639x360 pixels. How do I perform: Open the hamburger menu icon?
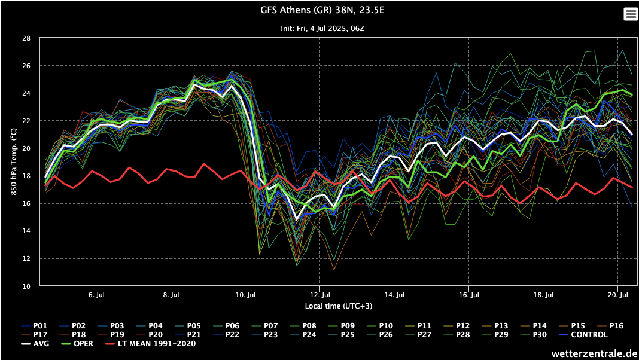pyautogui.click(x=631, y=14)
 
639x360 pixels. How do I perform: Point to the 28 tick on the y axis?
pyautogui.click(x=26, y=38)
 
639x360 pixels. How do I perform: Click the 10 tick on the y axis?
pyautogui.click(x=26, y=286)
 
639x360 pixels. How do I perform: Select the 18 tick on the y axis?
pyautogui.click(x=26, y=176)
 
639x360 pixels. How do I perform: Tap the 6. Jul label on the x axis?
pyautogui.click(x=96, y=295)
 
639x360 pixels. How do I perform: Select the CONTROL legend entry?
pyautogui.click(x=591, y=334)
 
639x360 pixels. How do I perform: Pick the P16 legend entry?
pyautogui.click(x=616, y=325)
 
